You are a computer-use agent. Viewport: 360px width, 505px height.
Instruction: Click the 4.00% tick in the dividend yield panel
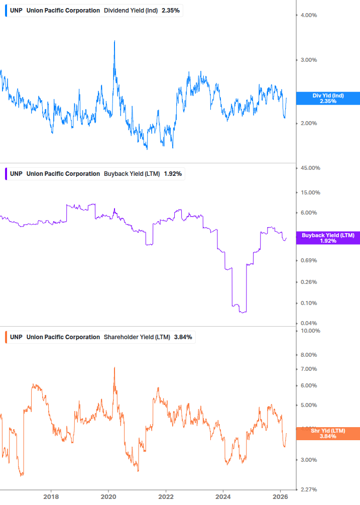(x=308, y=15)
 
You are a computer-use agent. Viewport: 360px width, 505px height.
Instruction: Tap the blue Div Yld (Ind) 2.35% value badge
(x=328, y=98)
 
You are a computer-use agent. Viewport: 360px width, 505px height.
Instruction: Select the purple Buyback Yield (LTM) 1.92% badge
(x=328, y=238)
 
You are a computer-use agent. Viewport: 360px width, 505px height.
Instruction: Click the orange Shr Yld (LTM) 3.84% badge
(x=328, y=433)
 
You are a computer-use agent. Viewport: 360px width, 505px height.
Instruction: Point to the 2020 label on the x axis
(x=108, y=497)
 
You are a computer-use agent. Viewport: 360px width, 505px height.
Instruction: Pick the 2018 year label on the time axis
(x=51, y=497)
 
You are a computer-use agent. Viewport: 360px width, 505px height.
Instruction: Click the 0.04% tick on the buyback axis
(x=308, y=323)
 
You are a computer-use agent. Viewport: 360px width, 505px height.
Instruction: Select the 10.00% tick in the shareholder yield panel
(x=309, y=331)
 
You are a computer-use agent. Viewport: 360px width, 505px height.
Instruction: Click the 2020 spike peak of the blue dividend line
(x=114, y=41)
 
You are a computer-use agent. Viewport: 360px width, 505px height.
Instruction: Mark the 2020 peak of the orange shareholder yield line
(x=114, y=367)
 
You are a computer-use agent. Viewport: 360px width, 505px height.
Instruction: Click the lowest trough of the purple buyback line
(x=243, y=313)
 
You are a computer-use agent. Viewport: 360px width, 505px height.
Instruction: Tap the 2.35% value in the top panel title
(x=171, y=10)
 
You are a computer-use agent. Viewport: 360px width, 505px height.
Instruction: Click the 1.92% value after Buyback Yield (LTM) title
(x=173, y=174)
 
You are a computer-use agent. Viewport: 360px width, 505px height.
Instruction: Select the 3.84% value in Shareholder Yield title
(x=183, y=337)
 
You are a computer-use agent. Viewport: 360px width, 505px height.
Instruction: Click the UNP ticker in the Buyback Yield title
(x=16, y=174)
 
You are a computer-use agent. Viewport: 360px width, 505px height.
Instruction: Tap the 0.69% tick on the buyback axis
(x=308, y=260)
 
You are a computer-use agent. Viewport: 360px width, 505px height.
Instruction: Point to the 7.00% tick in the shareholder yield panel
(x=308, y=369)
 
